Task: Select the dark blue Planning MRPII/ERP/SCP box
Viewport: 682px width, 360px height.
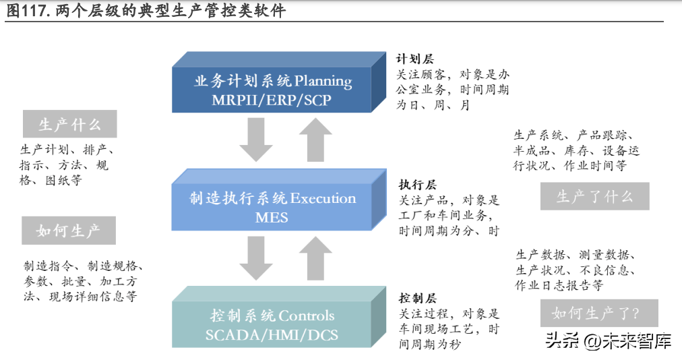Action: [279, 82]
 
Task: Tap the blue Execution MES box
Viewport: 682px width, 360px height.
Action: [279, 200]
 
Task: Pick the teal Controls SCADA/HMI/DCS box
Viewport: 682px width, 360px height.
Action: [279, 317]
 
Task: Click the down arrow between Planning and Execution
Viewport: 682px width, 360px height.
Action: [256, 140]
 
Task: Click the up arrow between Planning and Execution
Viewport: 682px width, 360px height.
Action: [315, 140]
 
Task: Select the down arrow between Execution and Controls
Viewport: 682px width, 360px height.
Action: [256, 258]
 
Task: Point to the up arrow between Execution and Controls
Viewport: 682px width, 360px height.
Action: [315, 258]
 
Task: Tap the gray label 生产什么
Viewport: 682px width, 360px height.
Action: [69, 124]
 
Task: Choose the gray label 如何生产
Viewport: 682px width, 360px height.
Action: [69, 231]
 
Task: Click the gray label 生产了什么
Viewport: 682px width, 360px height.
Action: [594, 196]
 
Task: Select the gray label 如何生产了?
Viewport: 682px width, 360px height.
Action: [599, 313]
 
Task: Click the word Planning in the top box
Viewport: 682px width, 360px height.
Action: [323, 82]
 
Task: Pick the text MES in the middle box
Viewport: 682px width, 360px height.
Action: [272, 217]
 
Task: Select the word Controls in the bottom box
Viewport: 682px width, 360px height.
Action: [306, 316]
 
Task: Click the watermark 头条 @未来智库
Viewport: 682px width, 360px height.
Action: [608, 340]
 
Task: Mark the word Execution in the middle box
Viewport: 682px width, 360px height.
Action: [323, 198]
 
